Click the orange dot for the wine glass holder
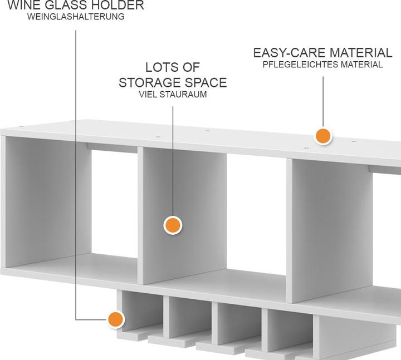pyautogui.click(x=116, y=319)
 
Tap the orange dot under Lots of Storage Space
pyautogui.click(x=173, y=225)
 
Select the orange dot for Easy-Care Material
pyautogui.click(x=323, y=136)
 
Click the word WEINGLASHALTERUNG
pyautogui.click(x=76, y=17)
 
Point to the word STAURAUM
pyautogui.click(x=183, y=95)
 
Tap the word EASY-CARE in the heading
pyautogui.click(x=290, y=53)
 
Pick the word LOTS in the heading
pyautogui.click(x=159, y=67)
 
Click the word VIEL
pyautogui.click(x=148, y=95)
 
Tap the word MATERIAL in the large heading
pyautogui.click(x=360, y=53)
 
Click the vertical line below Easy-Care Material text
pyautogui.click(x=323, y=101)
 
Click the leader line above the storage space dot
pyautogui.click(x=173, y=161)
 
